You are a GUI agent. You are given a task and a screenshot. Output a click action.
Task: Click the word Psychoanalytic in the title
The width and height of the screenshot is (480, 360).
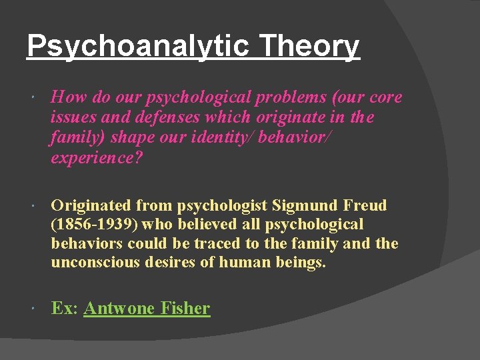tap(137, 47)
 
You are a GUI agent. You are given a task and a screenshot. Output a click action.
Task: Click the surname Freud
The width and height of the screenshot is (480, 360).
tap(365, 205)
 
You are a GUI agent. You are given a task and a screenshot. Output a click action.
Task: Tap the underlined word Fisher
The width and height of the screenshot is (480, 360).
tap(185, 308)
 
